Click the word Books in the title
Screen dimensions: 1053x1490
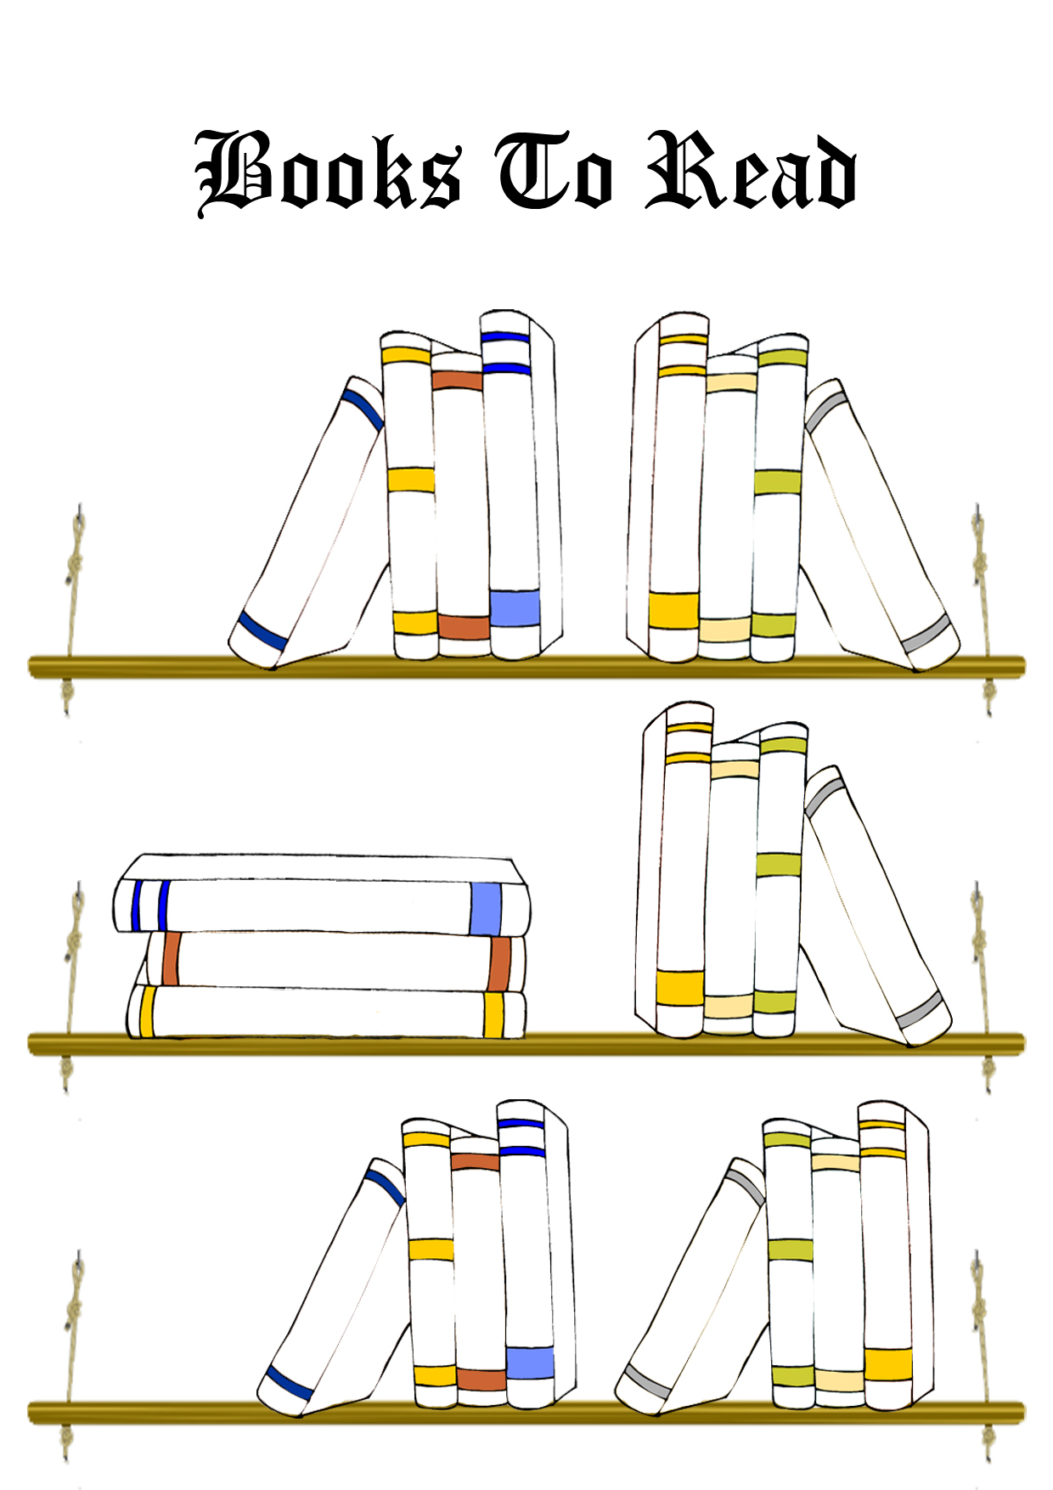coord(329,172)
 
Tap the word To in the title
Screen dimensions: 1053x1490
coord(555,170)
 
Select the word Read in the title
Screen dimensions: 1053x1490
coord(751,170)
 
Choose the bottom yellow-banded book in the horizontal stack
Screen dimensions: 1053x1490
coord(326,1012)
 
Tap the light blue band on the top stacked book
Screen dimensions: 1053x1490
coord(486,909)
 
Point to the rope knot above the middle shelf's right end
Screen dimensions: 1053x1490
coord(980,940)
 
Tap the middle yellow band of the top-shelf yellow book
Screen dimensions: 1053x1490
coord(411,479)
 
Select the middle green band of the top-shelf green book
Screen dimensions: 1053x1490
coord(778,482)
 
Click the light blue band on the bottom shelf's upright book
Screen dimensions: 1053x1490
coord(531,1363)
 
